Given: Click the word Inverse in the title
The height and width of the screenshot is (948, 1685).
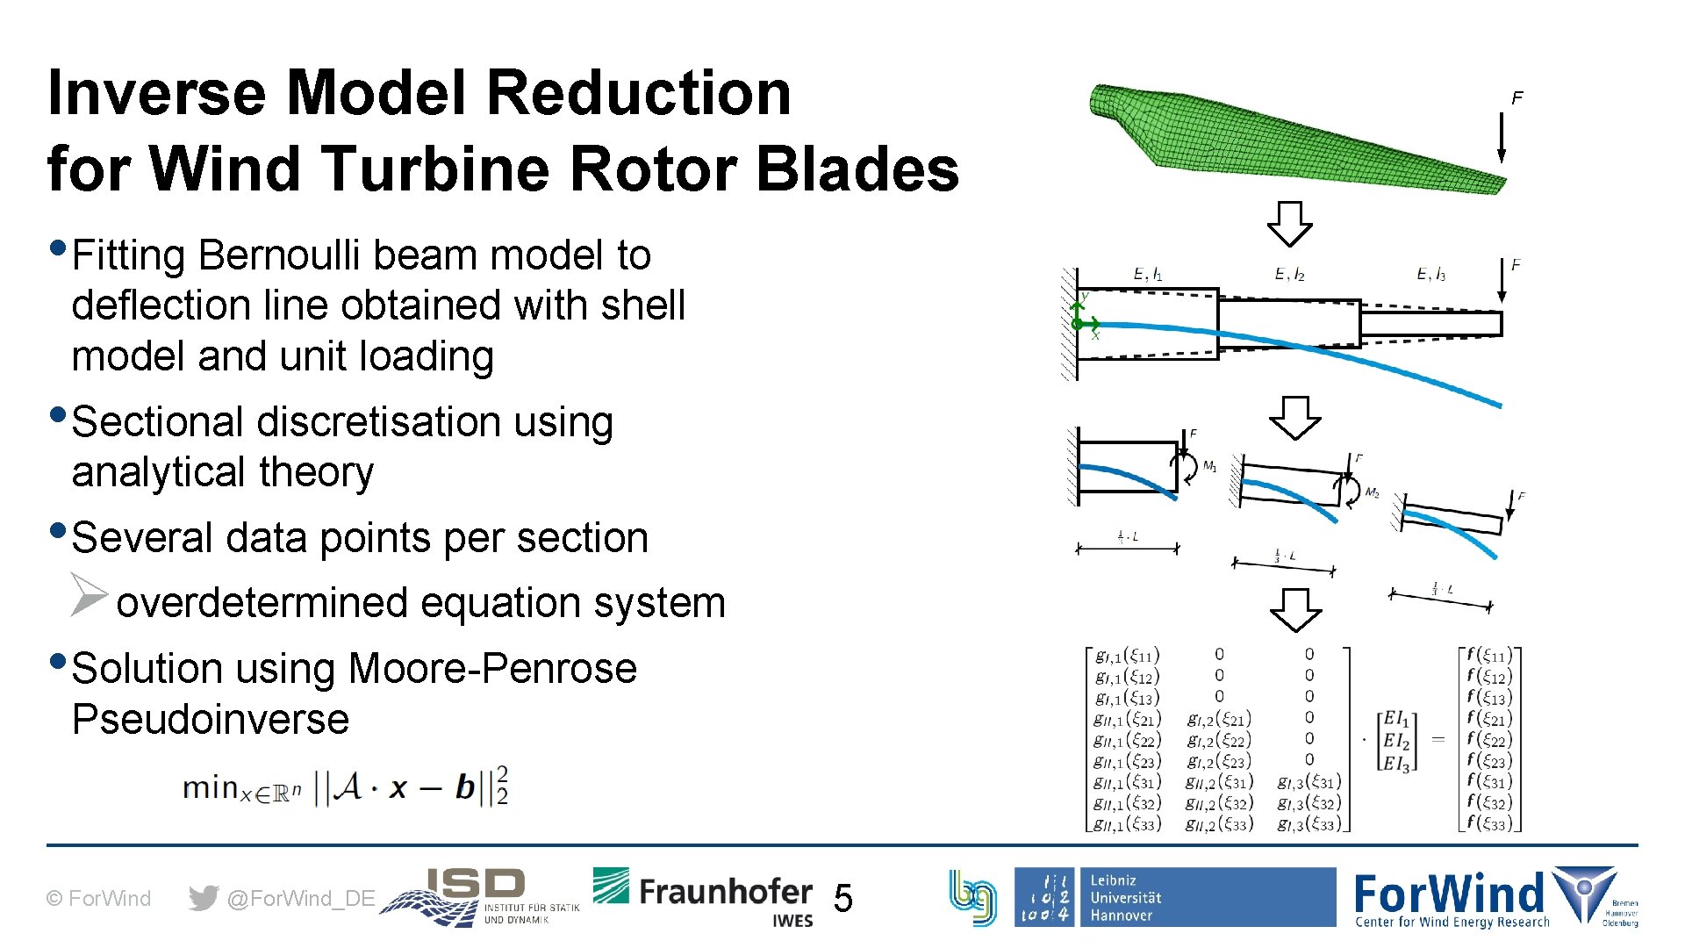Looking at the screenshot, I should pos(157,93).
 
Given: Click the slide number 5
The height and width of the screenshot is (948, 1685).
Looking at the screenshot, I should pos(842,898).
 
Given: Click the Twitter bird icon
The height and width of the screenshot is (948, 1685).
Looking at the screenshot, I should pos(203,898).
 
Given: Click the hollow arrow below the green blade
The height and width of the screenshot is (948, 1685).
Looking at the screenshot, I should pos(1289,224).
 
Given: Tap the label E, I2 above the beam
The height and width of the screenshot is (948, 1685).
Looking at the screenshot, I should pos(1289,275).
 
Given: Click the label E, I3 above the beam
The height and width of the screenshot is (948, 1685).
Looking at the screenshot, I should pos(1430,275).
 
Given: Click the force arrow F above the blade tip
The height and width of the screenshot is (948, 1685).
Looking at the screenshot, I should pos(1502,136).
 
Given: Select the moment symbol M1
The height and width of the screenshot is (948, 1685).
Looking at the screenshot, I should pos(1208,466).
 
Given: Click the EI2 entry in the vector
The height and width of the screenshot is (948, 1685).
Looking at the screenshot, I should pos(1395,741).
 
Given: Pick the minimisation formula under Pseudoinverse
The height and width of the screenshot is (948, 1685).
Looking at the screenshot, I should pos(345,786).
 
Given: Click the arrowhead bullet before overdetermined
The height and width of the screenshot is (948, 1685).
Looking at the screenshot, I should pos(89,594).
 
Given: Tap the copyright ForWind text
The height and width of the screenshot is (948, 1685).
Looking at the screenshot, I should pos(98,898).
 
